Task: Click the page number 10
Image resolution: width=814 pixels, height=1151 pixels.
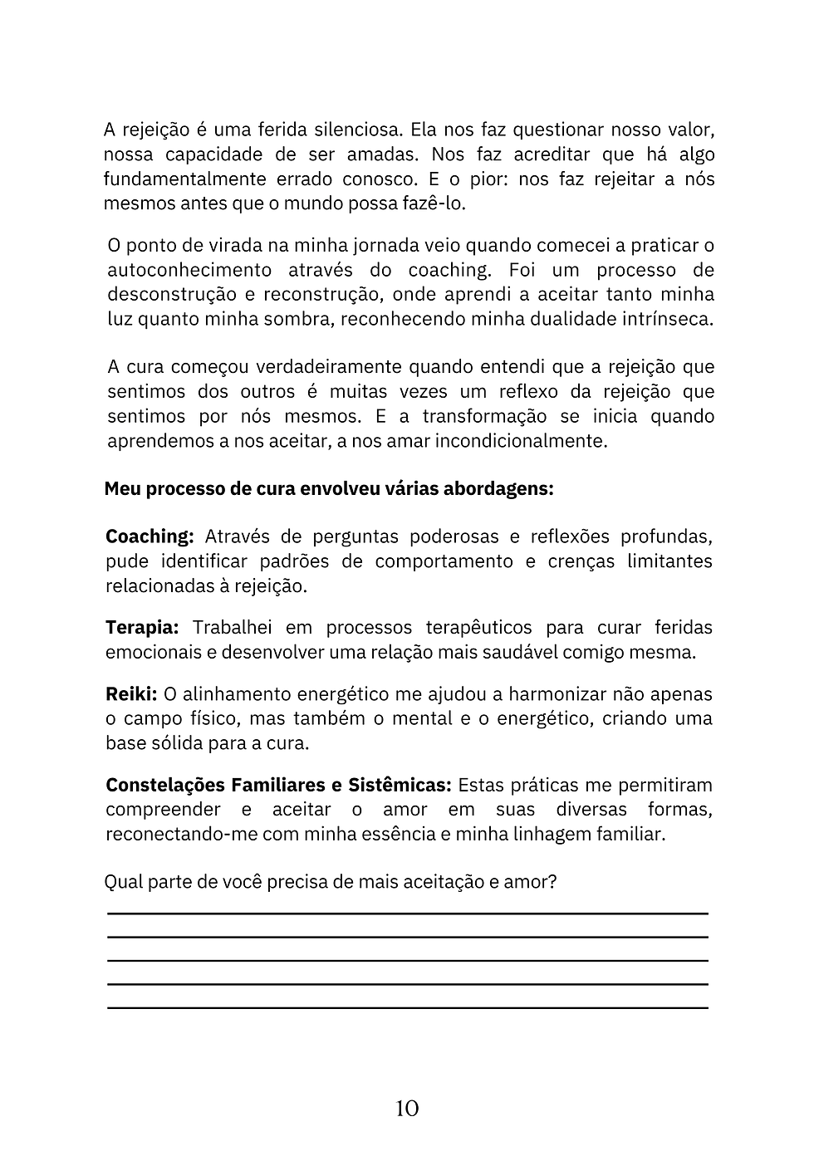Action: pyautogui.click(x=407, y=1109)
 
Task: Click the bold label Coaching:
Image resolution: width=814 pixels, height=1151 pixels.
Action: pyautogui.click(x=150, y=537)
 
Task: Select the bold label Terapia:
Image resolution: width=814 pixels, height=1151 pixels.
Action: pyautogui.click(x=142, y=628)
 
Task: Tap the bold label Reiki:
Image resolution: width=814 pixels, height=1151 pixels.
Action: pyautogui.click(x=131, y=694)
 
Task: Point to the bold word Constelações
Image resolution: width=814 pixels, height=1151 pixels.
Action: pyautogui.click(x=164, y=786)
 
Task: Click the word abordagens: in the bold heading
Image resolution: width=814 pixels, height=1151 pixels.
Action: pyautogui.click(x=498, y=489)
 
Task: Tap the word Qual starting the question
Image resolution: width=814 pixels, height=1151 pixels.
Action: pyautogui.click(x=122, y=882)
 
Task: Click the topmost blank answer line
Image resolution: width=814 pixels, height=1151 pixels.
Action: pyautogui.click(x=407, y=913)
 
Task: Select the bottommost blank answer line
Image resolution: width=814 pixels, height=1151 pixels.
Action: pyautogui.click(x=407, y=1007)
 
